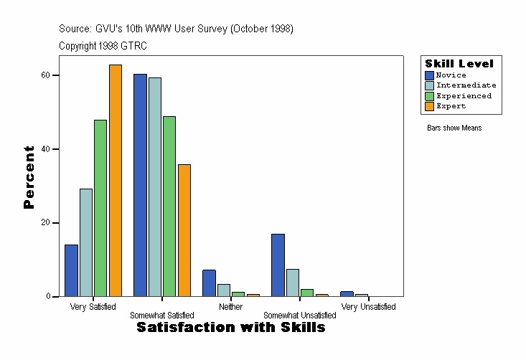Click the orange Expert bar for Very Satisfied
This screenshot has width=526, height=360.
point(116,181)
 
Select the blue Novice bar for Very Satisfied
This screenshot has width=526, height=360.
point(72,270)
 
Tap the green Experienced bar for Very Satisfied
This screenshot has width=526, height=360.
point(100,208)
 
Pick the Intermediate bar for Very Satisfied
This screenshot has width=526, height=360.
point(86,242)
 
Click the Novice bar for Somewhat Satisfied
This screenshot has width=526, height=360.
point(140,185)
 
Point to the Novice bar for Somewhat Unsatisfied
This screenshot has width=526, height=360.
point(278,265)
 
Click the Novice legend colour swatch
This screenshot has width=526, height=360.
point(429,75)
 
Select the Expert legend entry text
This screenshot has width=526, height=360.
point(451,106)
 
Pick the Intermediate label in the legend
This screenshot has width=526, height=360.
point(466,85)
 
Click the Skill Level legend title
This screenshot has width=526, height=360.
point(459,64)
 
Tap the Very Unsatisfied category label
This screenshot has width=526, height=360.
point(368,307)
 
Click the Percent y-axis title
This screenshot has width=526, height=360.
point(29,177)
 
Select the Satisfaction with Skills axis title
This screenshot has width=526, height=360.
point(231,328)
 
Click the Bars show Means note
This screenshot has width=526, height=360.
point(454,128)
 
